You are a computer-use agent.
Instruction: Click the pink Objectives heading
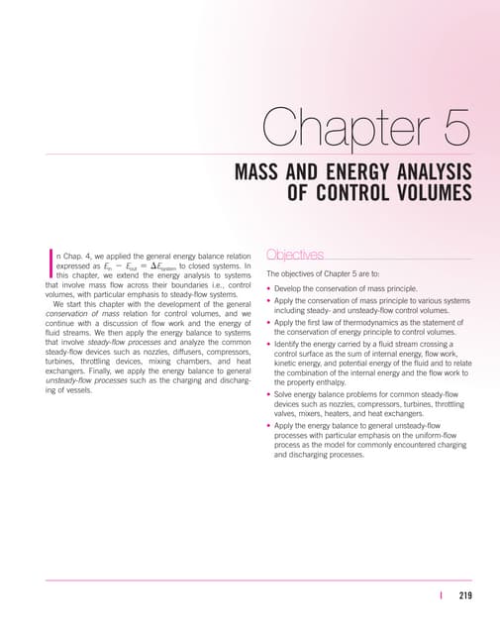point(295,256)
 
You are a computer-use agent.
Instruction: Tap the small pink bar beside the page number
point(441,596)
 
